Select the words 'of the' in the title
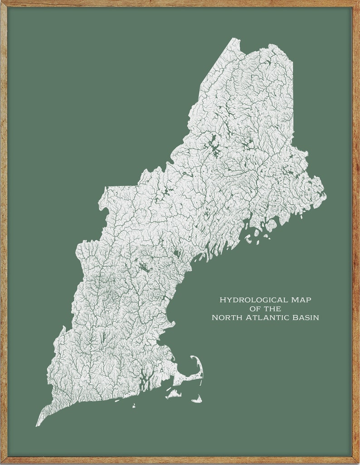(x=265, y=309)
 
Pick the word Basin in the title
(x=306, y=318)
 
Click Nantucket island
(x=197, y=399)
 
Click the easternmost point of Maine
(x=325, y=195)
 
